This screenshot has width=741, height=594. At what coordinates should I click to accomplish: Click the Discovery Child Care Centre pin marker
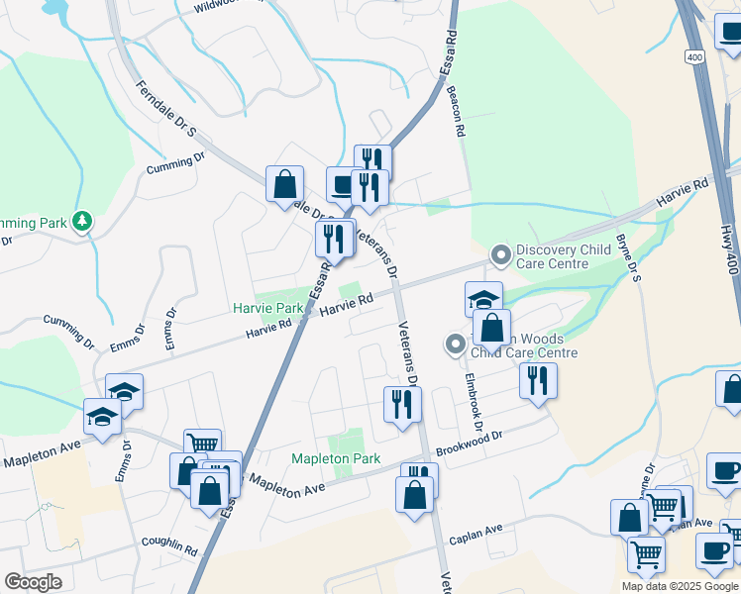pyautogui.click(x=501, y=256)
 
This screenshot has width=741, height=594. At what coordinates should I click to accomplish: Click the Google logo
pyautogui.click(x=33, y=582)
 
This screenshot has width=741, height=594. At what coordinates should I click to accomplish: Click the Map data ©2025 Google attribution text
pyautogui.click(x=680, y=586)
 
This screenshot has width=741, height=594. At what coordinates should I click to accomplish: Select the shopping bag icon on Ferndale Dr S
pyautogui.click(x=284, y=185)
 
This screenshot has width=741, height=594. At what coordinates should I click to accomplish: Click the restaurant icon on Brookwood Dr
pyautogui.click(x=537, y=380)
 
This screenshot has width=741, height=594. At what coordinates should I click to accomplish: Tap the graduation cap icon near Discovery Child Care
pyautogui.click(x=483, y=299)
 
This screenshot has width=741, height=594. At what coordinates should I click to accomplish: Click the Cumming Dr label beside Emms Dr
pyautogui.click(x=68, y=333)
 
